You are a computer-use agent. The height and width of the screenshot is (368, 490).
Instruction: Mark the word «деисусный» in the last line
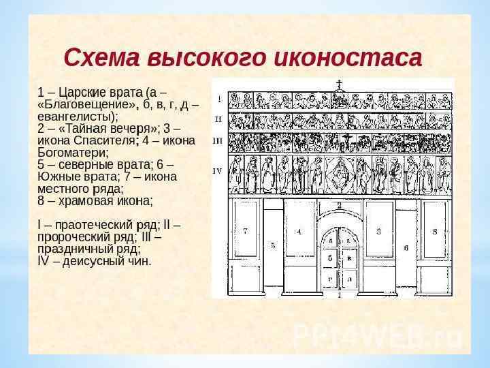(92, 261)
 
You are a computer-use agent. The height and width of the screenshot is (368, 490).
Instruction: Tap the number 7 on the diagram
(246, 231)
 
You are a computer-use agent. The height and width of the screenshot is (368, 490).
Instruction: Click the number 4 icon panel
(299, 232)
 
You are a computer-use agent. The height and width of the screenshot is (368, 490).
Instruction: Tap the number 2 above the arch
(339, 205)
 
